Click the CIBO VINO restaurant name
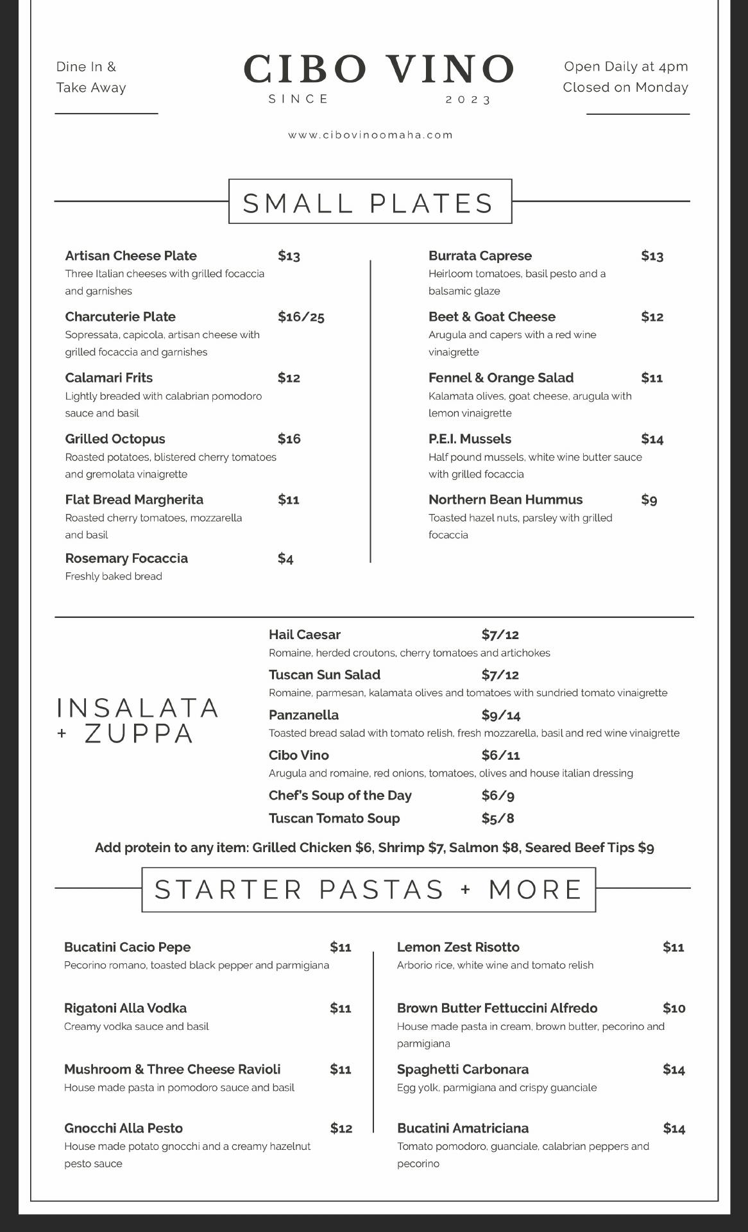pos(378,69)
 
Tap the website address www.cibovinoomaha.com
pos(371,135)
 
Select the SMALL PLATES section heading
pos(370,203)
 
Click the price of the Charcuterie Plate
pos(301,317)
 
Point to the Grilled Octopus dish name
pos(115,439)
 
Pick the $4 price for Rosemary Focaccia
pos(285,559)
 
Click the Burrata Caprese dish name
pos(480,256)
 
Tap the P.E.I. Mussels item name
pos(470,439)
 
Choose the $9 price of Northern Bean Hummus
pos(649,500)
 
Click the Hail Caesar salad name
pos(305,635)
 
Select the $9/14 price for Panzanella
pos(501,715)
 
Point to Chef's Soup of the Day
pos(340,796)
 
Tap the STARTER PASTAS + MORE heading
pos(368,890)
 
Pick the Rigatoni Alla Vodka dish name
pos(125,1008)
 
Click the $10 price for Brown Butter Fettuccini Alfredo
pos(674,1008)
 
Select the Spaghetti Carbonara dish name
pos(463,1070)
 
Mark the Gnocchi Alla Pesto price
pos(341,1129)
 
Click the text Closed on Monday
pos(625,87)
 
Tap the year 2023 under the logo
pos(468,100)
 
